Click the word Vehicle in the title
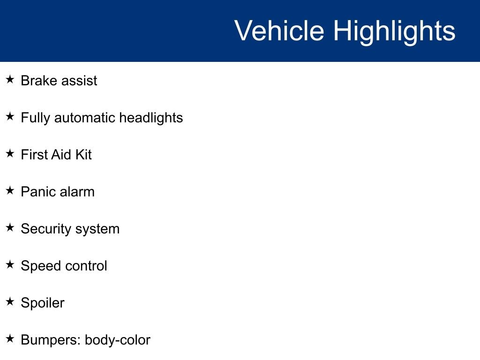click(279, 30)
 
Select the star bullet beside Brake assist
click(10, 79)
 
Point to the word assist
click(79, 81)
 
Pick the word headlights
click(151, 118)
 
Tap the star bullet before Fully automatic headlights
click(10, 116)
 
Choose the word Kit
click(83, 155)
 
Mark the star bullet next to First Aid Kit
click(10, 153)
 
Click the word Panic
click(38, 192)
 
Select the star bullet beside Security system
click(10, 227)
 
